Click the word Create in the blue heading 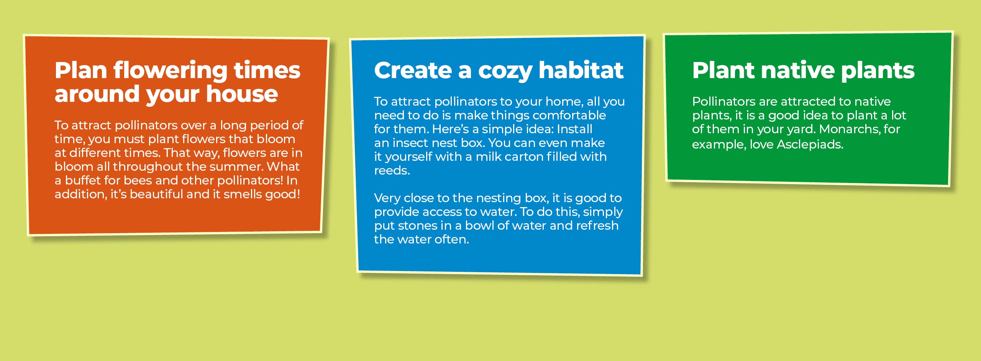(412, 70)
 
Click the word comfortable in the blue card (569, 115)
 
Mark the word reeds (392, 170)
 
